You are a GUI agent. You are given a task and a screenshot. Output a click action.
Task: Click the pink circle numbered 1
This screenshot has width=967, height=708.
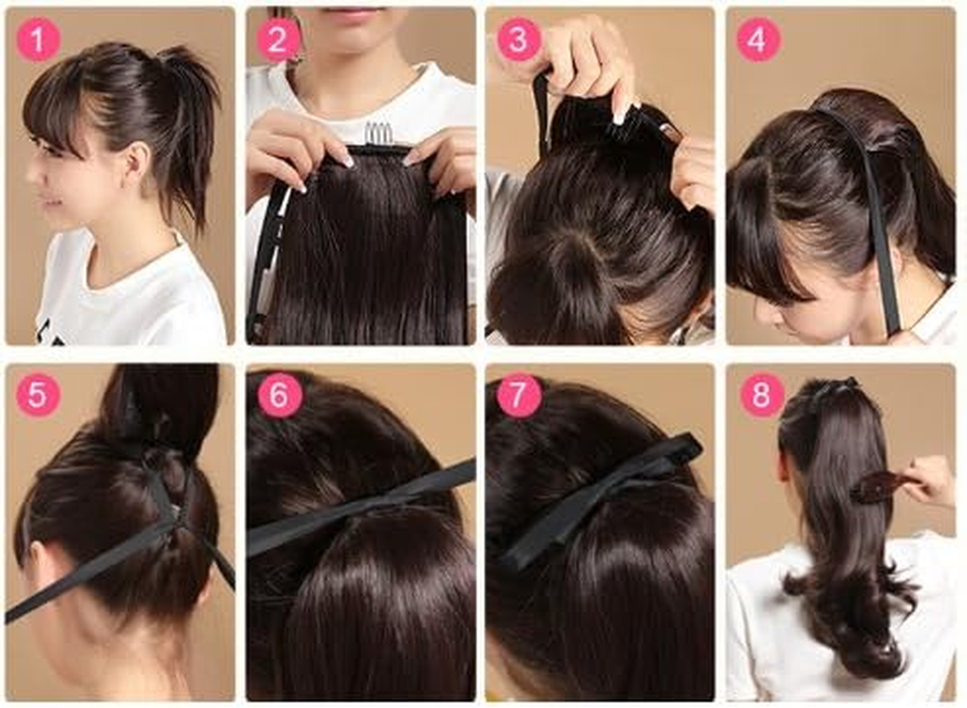pos(38,40)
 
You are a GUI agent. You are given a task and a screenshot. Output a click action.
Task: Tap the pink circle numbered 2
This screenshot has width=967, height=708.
pos(277,40)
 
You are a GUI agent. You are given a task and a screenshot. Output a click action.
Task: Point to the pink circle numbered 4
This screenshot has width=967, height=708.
pos(759,40)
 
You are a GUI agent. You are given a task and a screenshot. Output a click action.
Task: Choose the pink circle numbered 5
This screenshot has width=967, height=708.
pos(38,395)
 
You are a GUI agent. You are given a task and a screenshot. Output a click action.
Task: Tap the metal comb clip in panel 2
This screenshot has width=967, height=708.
pos(379,135)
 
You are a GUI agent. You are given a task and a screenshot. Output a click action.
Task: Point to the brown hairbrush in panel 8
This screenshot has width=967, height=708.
pos(878,485)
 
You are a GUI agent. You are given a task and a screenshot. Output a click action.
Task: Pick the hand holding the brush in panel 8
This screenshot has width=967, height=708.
pos(930,478)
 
